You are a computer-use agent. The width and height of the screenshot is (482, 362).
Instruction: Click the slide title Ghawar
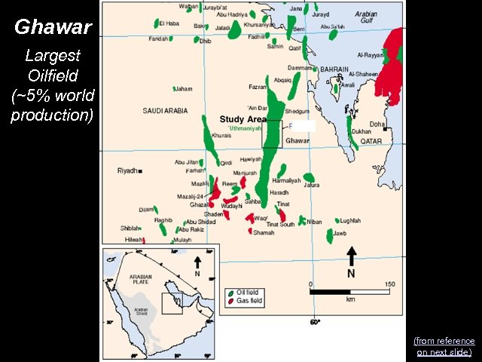point(53,29)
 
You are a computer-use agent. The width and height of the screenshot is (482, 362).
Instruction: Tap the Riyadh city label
point(127,171)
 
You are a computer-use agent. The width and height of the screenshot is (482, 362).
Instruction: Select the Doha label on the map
point(377,124)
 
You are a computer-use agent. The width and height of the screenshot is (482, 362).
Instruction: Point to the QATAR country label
point(371,141)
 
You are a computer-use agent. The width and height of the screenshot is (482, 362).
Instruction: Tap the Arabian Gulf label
point(366,17)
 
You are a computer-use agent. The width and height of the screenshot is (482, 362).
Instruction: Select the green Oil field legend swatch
point(231,292)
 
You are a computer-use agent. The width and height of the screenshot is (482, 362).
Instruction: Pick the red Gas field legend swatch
point(230,302)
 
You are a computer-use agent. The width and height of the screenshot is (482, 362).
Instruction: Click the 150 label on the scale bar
point(389,284)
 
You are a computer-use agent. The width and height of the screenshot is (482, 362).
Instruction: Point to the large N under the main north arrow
point(351,273)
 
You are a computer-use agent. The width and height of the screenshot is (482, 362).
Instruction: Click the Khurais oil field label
point(221,136)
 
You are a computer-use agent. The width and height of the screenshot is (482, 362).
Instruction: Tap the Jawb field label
point(340,233)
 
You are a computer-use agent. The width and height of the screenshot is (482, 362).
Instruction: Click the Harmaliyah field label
point(286,181)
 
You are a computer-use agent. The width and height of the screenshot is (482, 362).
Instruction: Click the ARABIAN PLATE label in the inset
point(141,279)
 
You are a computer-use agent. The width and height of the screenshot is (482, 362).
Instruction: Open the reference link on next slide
point(444,346)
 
